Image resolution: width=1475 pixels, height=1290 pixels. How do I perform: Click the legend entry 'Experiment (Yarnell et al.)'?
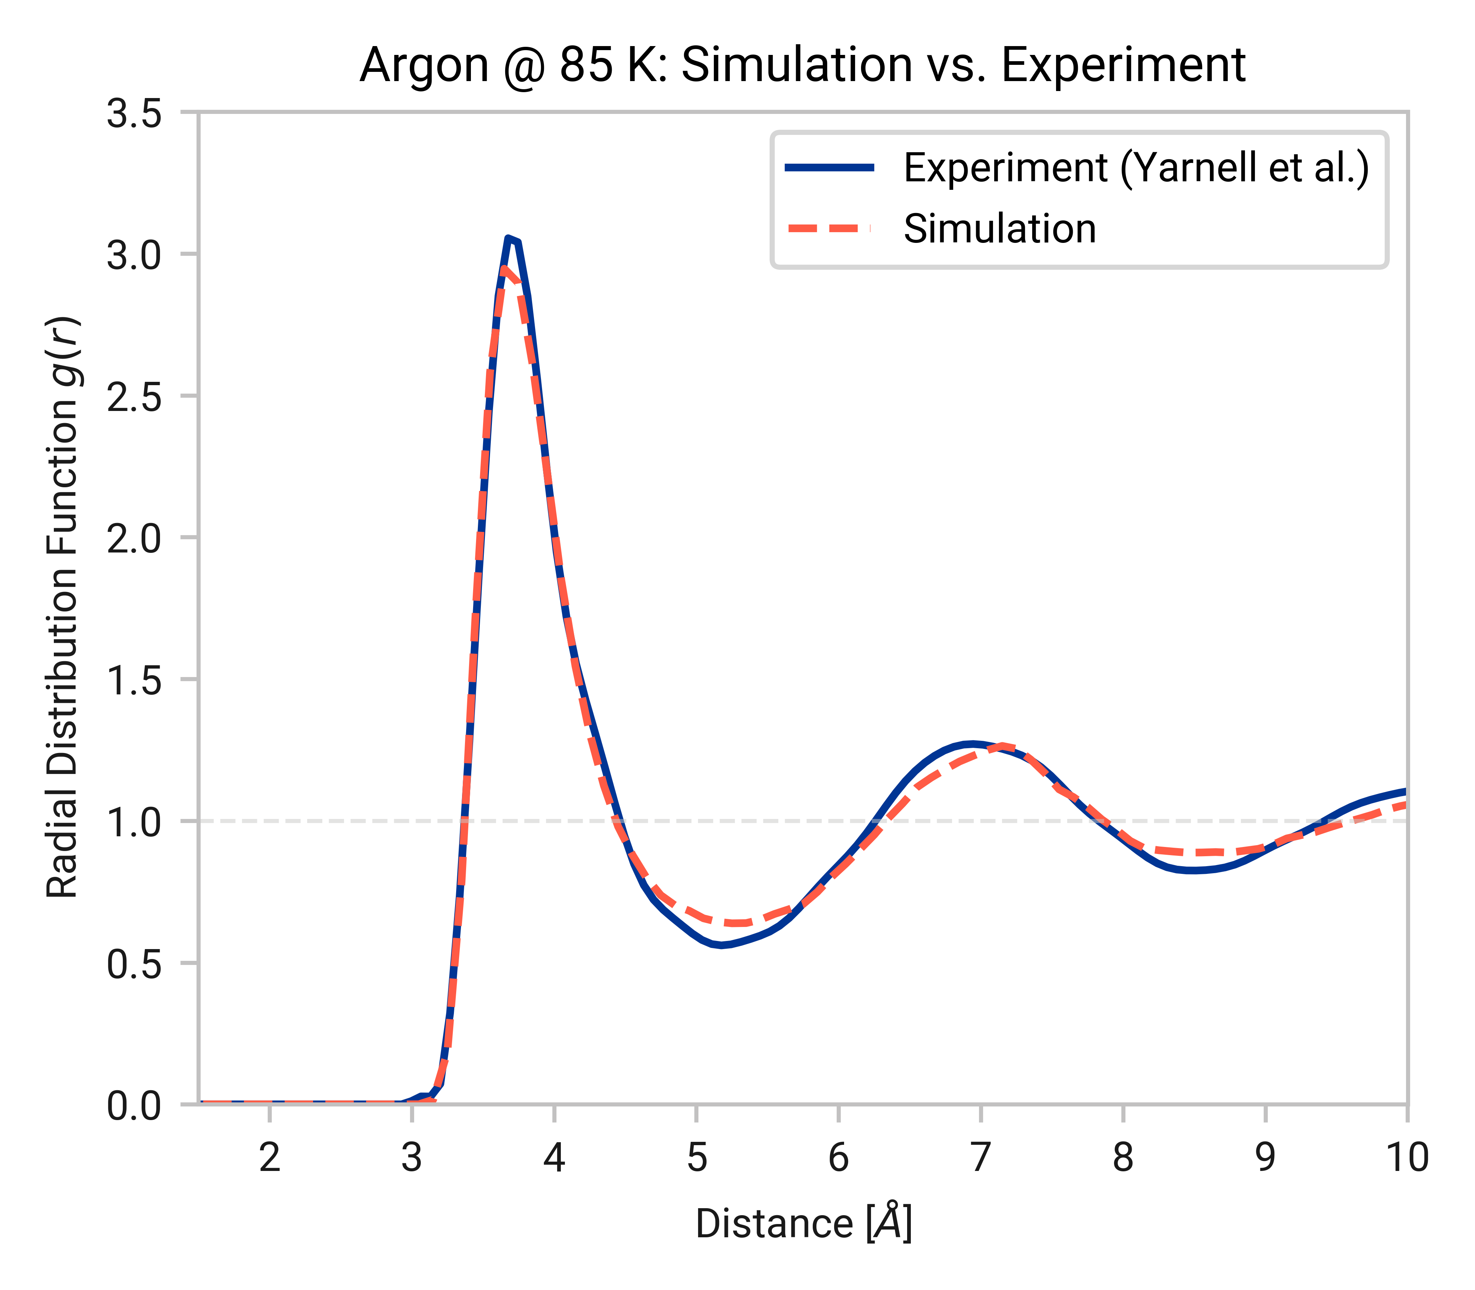pyautogui.click(x=1136, y=168)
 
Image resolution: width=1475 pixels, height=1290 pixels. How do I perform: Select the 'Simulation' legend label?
pyautogui.click(x=1000, y=229)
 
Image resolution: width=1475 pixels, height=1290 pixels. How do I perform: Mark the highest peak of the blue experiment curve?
pyautogui.click(x=509, y=238)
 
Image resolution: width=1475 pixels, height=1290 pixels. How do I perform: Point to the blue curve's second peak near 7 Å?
pyautogui.click(x=972, y=744)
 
